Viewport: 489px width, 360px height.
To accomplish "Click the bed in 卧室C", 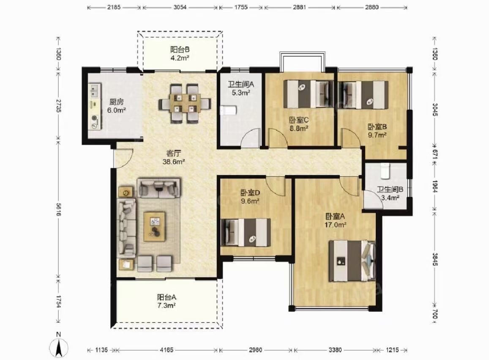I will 307,94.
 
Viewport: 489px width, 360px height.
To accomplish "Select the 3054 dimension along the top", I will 180,7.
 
